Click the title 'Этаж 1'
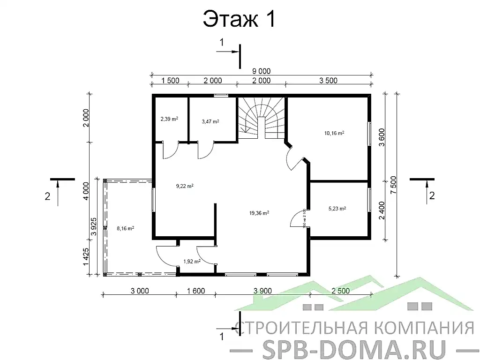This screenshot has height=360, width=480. [239, 20]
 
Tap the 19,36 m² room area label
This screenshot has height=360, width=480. [259, 213]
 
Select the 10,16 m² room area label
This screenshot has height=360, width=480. [334, 133]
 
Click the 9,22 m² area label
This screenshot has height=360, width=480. [185, 186]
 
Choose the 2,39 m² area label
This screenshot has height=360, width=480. [169, 119]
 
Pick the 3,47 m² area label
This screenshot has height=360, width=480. [210, 121]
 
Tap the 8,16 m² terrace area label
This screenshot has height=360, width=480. [125, 229]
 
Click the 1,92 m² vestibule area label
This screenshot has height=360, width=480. [192, 261]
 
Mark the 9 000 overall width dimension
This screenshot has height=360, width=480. [261, 71]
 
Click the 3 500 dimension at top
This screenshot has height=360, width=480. [328, 81]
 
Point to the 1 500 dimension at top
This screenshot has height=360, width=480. [170, 81]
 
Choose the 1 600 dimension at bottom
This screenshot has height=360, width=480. [195, 291]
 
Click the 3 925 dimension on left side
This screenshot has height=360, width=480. [94, 226]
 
